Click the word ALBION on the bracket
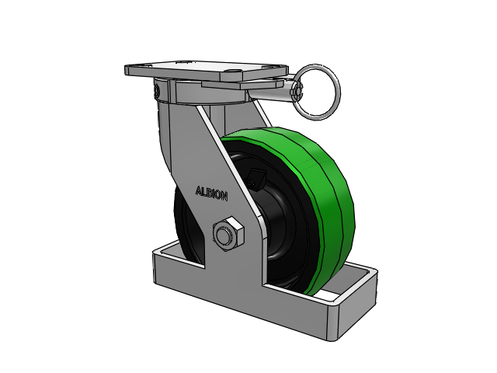pyautogui.click(x=211, y=193)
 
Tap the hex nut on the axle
pyautogui.click(x=228, y=234)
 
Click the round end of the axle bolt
pyautogui.click(x=224, y=235)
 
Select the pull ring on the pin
pyautogui.click(x=316, y=92)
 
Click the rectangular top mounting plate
pyautogui.click(x=206, y=71)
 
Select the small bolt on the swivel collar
pyautogui.click(x=156, y=90)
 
